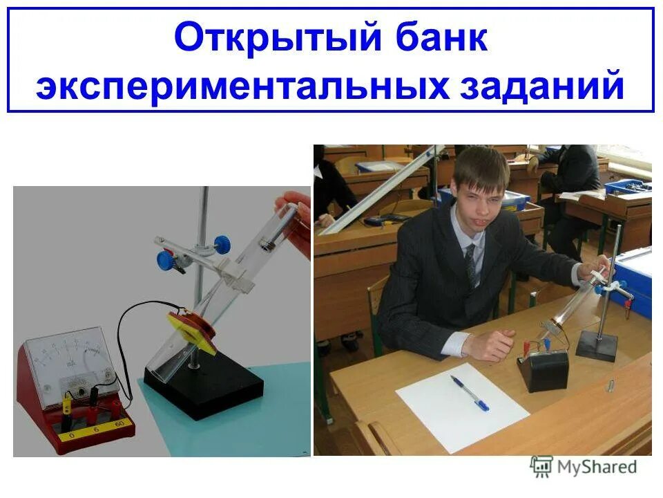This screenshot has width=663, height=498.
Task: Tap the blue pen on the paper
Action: (470, 393)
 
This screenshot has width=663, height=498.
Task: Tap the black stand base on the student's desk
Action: (597, 344)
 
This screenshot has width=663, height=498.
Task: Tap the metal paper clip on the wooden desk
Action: (611, 385)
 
